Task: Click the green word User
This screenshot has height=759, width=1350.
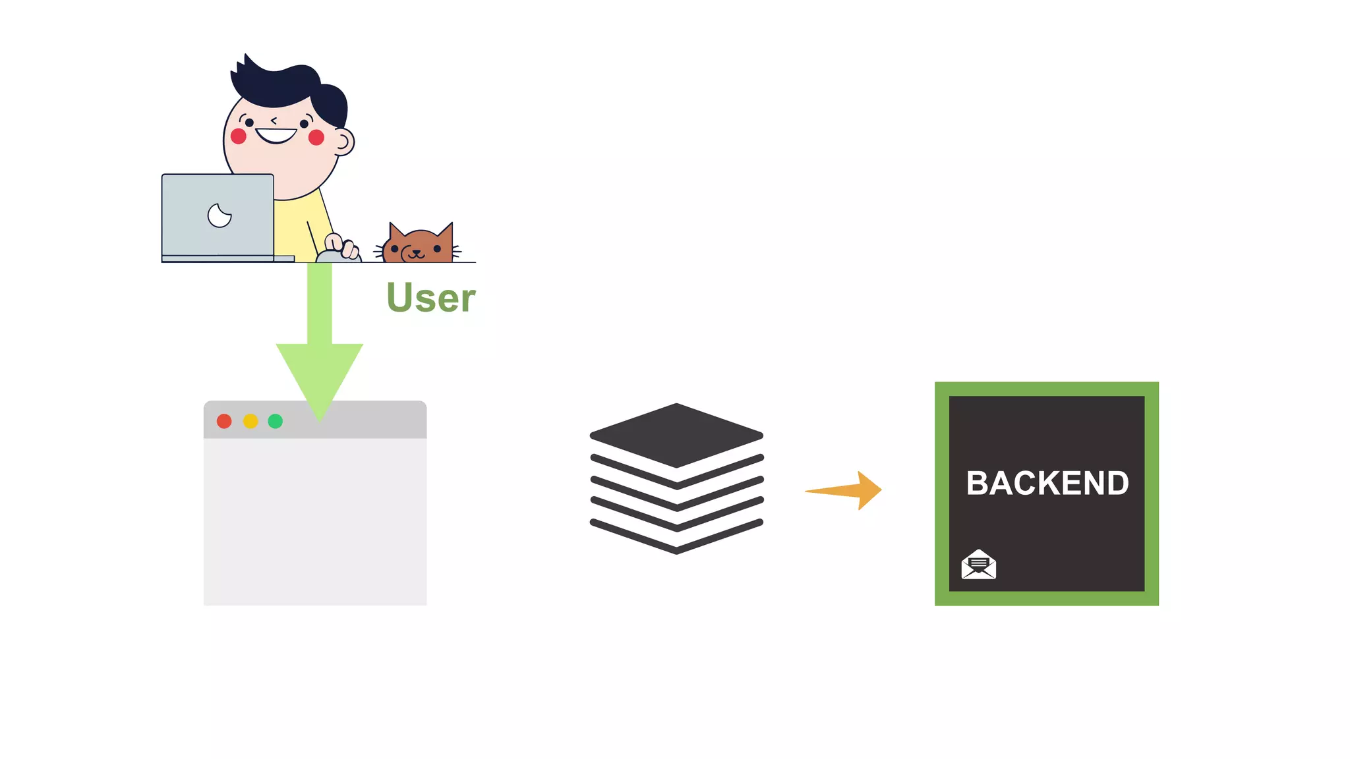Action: click(x=430, y=298)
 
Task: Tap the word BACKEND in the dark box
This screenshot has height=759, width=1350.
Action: click(x=1047, y=483)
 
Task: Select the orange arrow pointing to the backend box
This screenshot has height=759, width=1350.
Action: click(x=847, y=490)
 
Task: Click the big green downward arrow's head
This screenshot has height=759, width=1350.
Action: click(x=320, y=376)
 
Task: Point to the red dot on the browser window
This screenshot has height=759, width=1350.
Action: click(x=224, y=421)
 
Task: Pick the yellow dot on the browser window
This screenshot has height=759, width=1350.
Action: click(x=250, y=421)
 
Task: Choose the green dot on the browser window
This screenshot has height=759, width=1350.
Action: click(x=276, y=421)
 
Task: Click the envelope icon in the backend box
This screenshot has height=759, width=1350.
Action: click(x=979, y=565)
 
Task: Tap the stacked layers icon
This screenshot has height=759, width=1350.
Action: click(x=676, y=478)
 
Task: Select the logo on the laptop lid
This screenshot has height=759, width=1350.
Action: click(x=220, y=215)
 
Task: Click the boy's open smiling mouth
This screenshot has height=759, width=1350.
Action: click(x=276, y=136)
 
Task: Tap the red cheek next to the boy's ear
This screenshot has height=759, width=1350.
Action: click(x=316, y=137)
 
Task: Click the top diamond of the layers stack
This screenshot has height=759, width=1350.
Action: click(x=676, y=435)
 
